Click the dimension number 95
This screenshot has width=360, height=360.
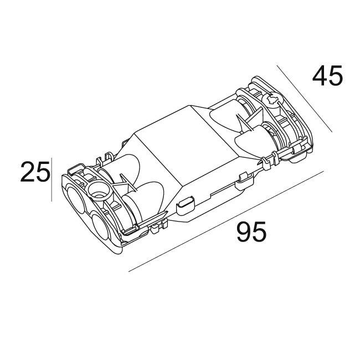251,232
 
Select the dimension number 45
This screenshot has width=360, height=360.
327,75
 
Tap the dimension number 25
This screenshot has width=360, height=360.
35,171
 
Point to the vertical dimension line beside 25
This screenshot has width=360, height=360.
52,180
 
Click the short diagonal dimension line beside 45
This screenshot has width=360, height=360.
305,99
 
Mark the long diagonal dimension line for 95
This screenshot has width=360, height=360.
226,221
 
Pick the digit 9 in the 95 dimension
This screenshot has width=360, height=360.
244,232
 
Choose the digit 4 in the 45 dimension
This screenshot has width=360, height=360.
320,75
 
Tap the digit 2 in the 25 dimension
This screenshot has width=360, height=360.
28,171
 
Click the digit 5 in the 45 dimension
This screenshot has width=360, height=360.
335,76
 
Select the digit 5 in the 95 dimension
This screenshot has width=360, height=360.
259,232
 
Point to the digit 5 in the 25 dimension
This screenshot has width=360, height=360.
43,172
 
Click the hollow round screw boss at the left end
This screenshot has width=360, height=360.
100,191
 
